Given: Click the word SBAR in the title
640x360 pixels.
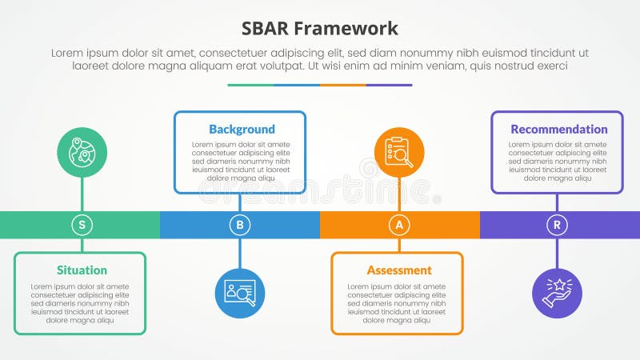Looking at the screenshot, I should (267, 30).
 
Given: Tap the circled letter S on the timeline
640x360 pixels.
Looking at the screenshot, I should (82, 225).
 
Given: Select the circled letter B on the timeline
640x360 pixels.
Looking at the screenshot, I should (239, 225).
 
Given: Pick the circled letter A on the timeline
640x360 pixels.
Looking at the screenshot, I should (399, 225).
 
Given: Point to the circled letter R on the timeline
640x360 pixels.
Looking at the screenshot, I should (558, 225).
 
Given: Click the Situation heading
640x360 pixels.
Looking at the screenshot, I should (82, 270).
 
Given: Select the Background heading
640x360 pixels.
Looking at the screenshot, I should (242, 129).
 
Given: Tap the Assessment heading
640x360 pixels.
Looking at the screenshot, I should (399, 270).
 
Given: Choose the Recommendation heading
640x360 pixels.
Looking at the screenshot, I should (559, 129).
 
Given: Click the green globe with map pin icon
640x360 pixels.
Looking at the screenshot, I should (82, 152).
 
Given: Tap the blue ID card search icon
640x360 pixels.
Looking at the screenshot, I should (239, 293).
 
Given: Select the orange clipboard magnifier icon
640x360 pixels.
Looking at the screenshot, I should (399, 152).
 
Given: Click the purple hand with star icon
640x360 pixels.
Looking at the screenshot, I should (558, 293).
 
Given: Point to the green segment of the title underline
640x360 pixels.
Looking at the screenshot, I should (250, 85).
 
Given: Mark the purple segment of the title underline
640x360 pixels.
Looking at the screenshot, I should (389, 85).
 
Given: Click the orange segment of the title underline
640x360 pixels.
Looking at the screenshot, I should (342, 85).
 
